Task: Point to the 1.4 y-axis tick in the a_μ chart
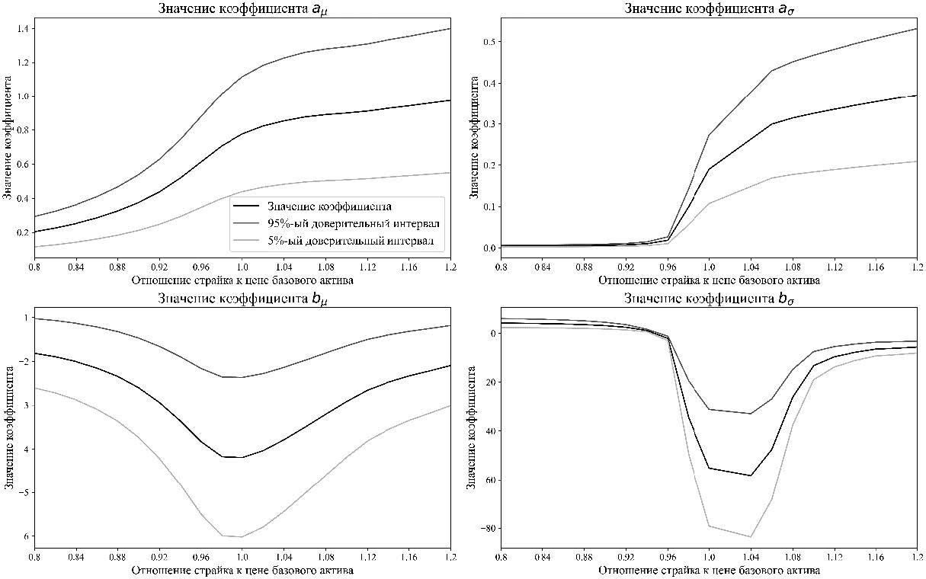[x=22, y=29]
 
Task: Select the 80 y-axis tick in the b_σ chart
[x=485, y=528]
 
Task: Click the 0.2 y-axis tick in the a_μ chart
[x=22, y=232]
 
